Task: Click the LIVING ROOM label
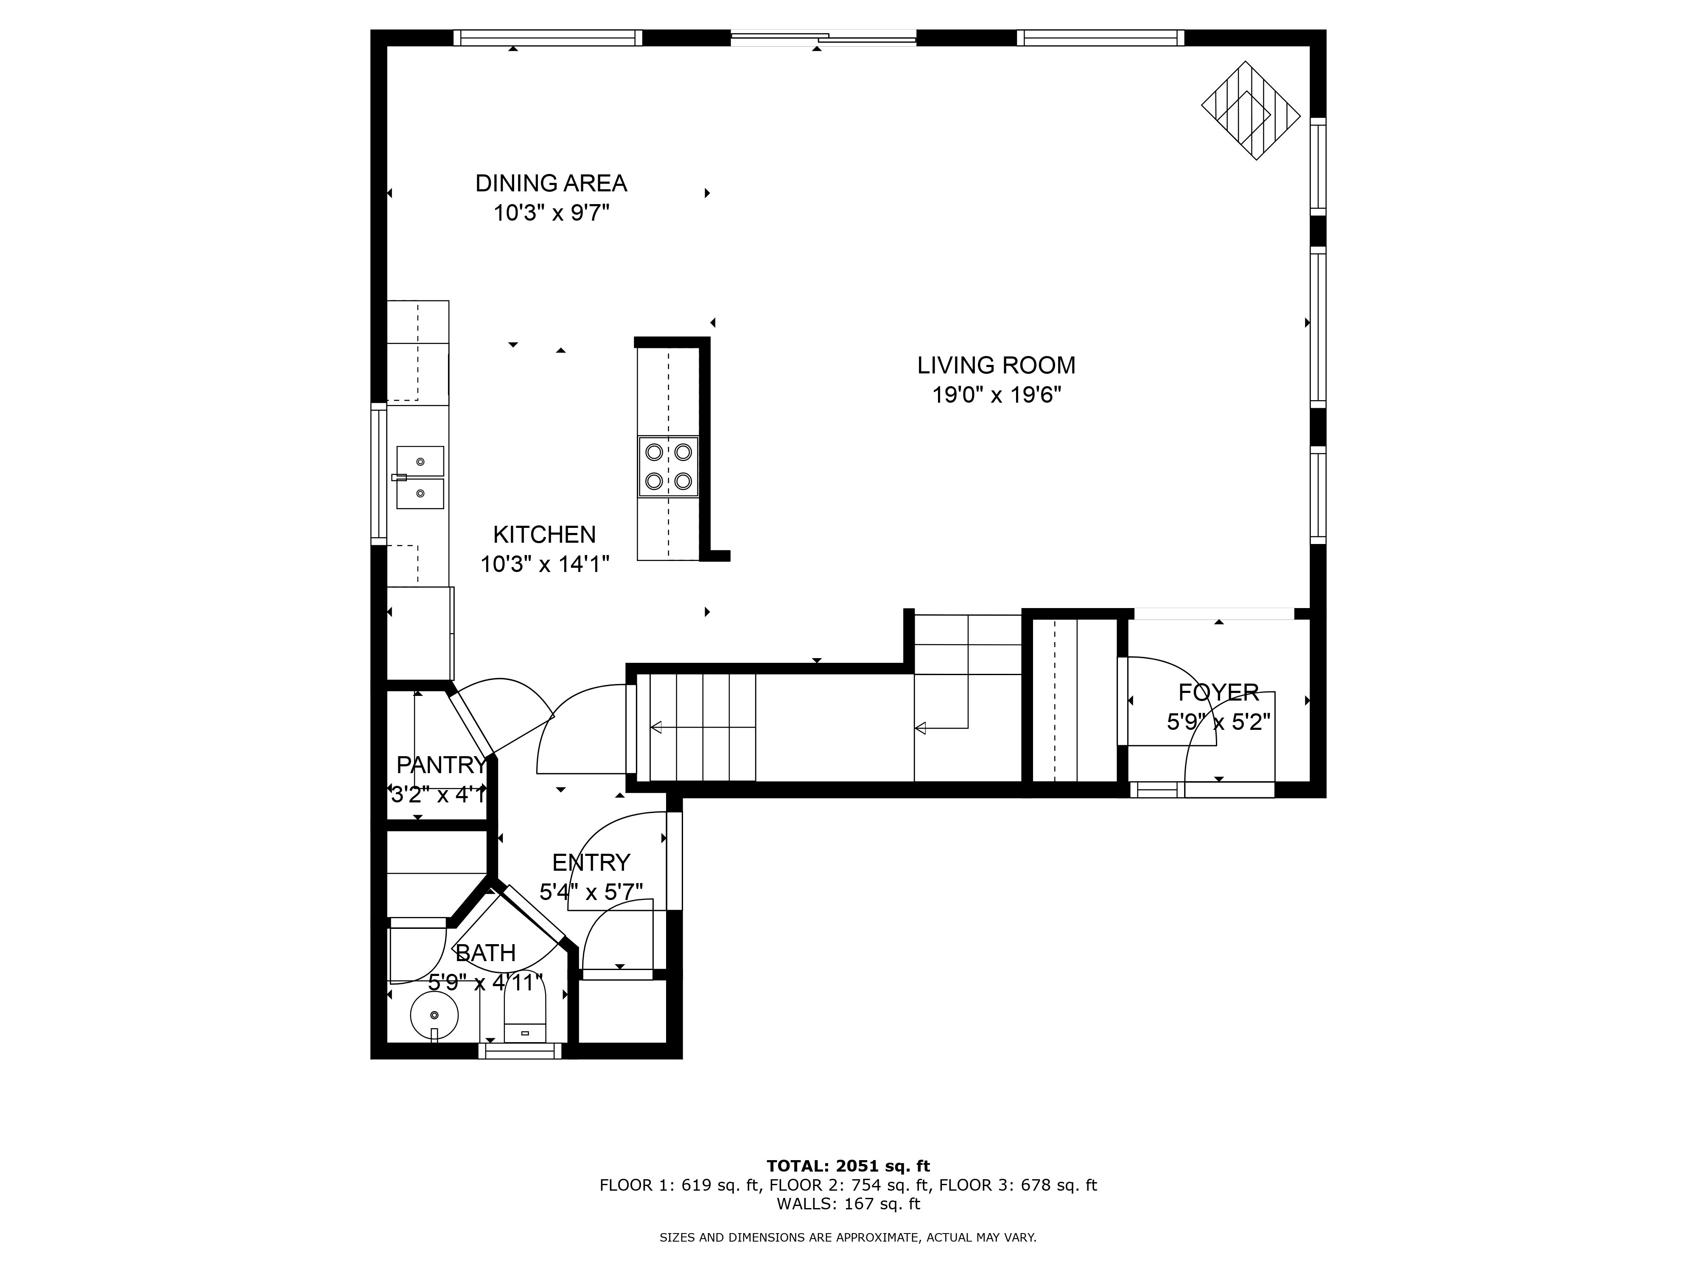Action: (x=996, y=365)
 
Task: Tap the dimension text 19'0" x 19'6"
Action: (x=996, y=395)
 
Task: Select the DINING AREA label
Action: (x=551, y=183)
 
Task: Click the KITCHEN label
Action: (x=544, y=534)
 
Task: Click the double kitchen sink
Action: (x=420, y=477)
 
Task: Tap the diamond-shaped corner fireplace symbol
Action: (x=1251, y=110)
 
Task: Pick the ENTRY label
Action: (x=591, y=863)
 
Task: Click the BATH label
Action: (x=485, y=953)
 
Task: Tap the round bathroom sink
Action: (x=434, y=1015)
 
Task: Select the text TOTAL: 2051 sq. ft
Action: (x=848, y=1166)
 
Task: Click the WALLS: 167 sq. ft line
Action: (x=848, y=1204)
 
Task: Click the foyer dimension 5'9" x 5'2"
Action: (x=1218, y=722)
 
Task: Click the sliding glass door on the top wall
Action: (x=823, y=38)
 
